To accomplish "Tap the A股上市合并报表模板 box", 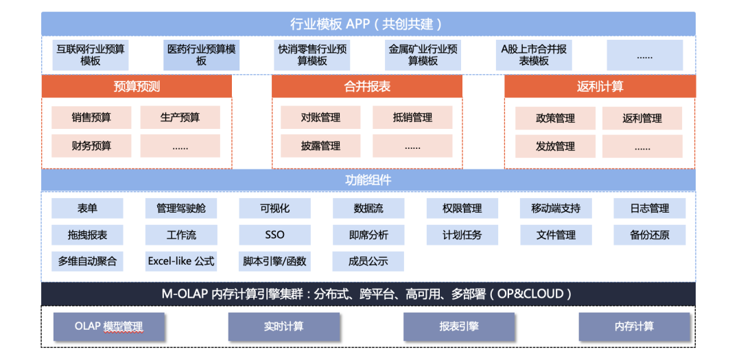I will (533, 55).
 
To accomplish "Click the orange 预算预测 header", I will (137, 86).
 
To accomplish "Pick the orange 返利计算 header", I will (600, 86).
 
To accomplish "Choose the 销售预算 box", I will (91, 118).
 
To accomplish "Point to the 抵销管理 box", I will (412, 118).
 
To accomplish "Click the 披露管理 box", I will (320, 146).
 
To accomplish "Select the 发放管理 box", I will (555, 146).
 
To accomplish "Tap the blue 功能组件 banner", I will (368, 180).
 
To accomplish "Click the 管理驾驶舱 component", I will (181, 208).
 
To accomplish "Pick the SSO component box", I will (274, 235).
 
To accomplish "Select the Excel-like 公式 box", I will (181, 261).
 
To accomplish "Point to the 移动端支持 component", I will (555, 208).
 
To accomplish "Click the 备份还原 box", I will (649, 235).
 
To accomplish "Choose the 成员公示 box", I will (368, 261).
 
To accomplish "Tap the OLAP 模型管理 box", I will (109, 326).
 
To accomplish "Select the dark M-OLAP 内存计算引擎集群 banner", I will (368, 294).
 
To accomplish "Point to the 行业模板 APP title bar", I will (368, 24).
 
